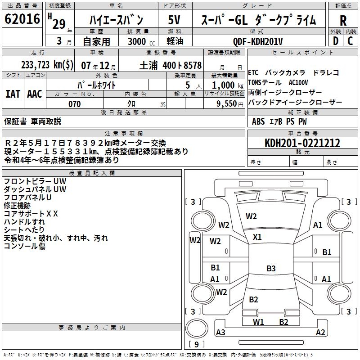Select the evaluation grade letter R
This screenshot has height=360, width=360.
click(x=343, y=21)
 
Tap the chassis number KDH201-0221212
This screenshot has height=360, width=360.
click(x=302, y=144)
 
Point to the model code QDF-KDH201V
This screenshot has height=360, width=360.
click(x=258, y=41)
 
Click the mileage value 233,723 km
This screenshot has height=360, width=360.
click(x=47, y=65)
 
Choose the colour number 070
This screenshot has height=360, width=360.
click(x=74, y=104)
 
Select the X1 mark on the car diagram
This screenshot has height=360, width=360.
click(x=257, y=237)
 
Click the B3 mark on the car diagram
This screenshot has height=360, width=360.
click(x=271, y=269)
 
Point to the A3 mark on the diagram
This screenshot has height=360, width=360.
click(x=220, y=333)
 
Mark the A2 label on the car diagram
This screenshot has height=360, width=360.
click(x=320, y=333)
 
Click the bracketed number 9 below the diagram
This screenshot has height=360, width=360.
click(x=196, y=344)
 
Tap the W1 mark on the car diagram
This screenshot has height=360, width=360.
click(x=258, y=322)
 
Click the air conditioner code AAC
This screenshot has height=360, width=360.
click(x=34, y=94)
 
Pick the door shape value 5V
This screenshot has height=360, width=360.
click(x=175, y=20)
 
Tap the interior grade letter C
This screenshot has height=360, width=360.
click(x=350, y=41)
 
